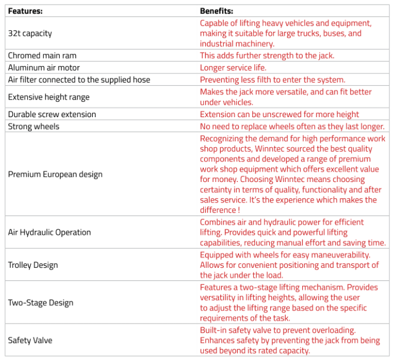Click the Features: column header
25,11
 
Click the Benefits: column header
216,11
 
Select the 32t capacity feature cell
30,34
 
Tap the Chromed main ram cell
42,56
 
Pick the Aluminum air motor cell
43,68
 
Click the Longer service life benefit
233,68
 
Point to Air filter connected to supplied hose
79,80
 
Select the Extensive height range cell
48,97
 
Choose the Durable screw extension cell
52,114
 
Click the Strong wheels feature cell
34,126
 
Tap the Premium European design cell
55,174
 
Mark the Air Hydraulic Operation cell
50,232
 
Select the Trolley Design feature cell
33,265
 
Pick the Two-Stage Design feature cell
40,303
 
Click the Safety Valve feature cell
30,340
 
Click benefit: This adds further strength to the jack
267,56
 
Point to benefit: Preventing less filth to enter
272,80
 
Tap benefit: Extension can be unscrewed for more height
279,114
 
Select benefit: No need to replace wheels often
292,126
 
